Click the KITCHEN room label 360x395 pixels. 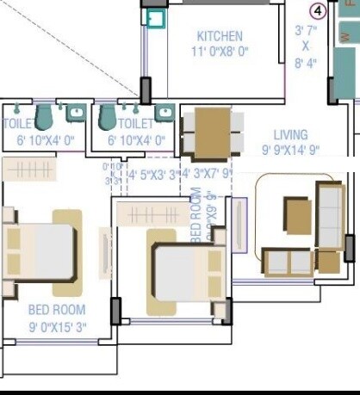coord(220,36)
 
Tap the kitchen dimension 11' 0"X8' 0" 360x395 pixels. coord(220,52)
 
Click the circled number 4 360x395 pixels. coord(319,10)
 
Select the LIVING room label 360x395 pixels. coord(290,134)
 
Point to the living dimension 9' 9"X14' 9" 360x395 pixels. coord(290,149)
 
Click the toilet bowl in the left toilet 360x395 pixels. coord(44,115)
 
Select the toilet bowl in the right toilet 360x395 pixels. coord(108,115)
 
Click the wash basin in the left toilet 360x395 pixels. coord(75,112)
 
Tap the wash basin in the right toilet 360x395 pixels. coord(164,112)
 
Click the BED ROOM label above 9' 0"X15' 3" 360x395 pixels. coord(57,309)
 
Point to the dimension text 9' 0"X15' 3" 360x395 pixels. coord(57,326)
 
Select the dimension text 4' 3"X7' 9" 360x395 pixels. coord(205,173)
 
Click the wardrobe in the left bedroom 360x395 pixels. coord(30,169)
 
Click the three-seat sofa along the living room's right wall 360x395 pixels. coord(330,214)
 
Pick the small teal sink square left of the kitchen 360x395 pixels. coord(155,19)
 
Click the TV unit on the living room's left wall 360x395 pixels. coord(239,225)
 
